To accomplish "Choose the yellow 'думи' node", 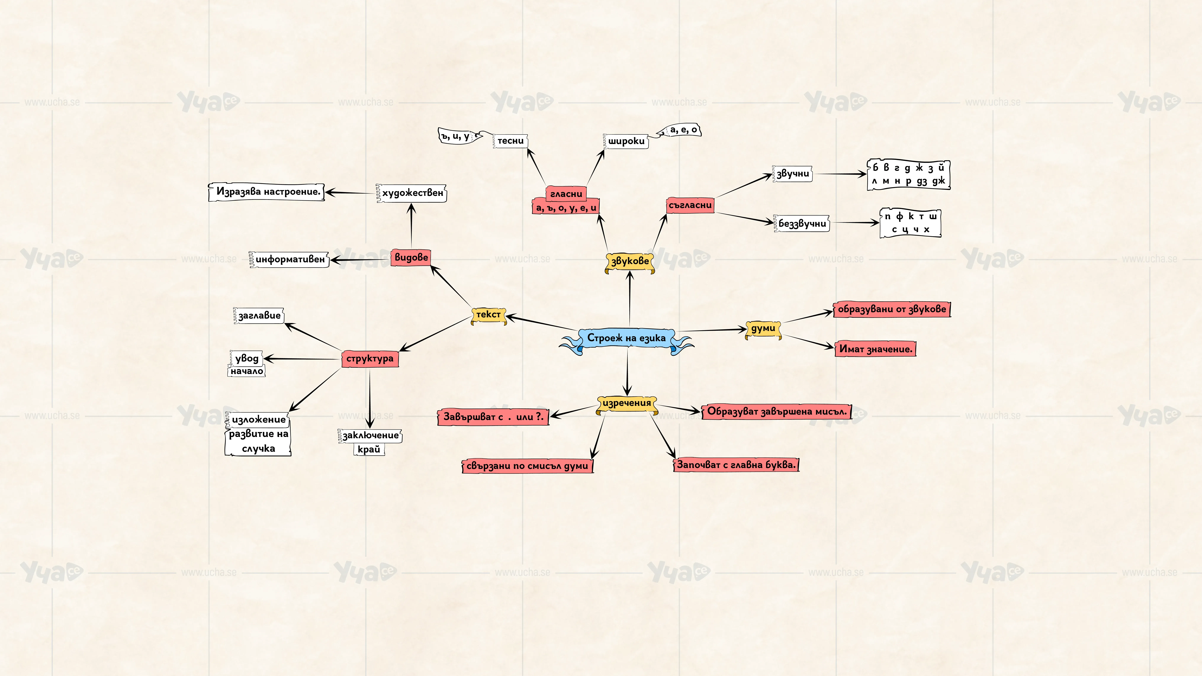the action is click(763, 329).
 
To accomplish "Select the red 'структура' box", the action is click(370, 359).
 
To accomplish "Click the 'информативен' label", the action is click(289, 259).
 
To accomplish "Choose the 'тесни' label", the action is click(510, 141).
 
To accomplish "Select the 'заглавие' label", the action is click(259, 316).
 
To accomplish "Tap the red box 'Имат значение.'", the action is click(875, 349).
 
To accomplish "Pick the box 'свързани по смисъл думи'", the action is click(527, 466).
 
